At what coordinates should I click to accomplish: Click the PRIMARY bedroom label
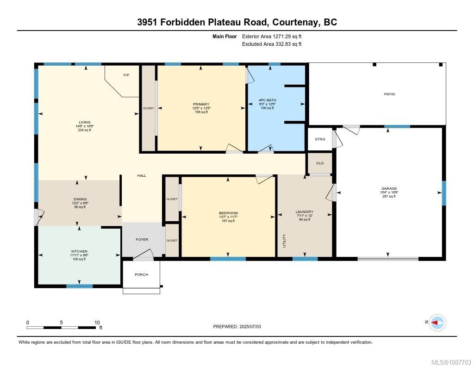pyautogui.click(x=201, y=104)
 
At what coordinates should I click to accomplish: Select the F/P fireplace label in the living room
pyautogui.click(x=125, y=75)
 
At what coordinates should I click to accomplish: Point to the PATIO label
pyautogui.click(x=389, y=94)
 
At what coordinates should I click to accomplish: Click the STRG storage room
pyautogui.click(x=320, y=139)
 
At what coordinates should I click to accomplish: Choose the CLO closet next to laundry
pyautogui.click(x=320, y=163)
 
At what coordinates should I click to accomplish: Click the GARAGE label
pyautogui.click(x=389, y=188)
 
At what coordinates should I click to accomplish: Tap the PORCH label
pyautogui.click(x=141, y=275)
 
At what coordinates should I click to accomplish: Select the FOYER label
pyautogui.click(x=142, y=240)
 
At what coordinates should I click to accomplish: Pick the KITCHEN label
pyautogui.click(x=79, y=251)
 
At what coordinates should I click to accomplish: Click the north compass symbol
pyautogui.click(x=437, y=323)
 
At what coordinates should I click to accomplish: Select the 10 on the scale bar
pyautogui.click(x=97, y=323)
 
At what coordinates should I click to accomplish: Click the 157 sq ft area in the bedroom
pyautogui.click(x=228, y=221)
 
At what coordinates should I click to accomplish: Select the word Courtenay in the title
pyautogui.click(x=292, y=22)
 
